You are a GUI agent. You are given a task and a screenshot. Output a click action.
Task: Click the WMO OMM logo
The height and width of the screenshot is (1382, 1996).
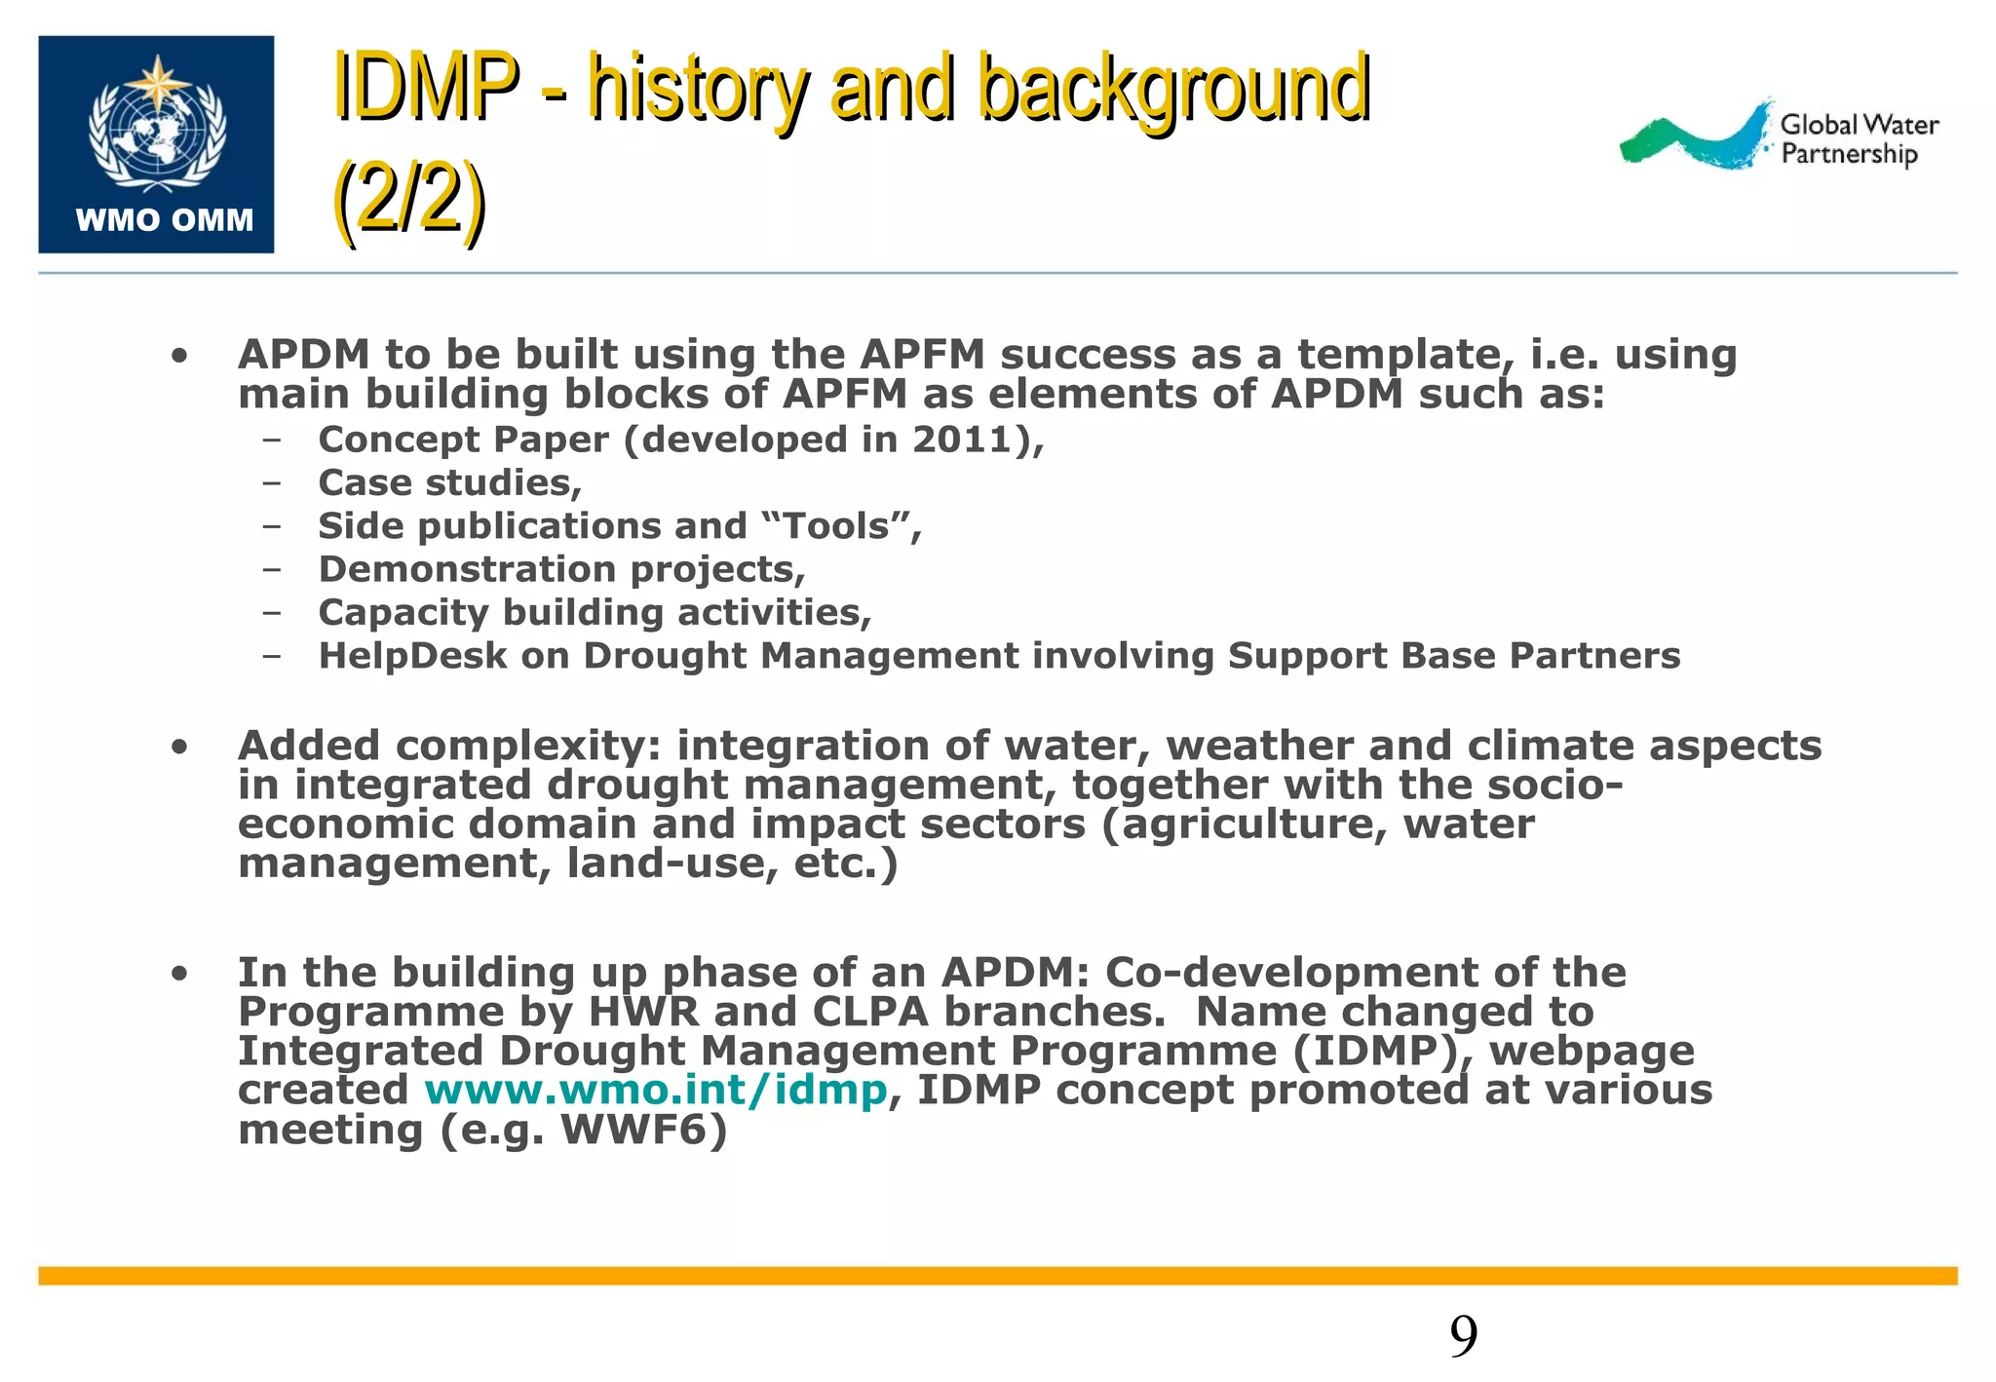point(156,144)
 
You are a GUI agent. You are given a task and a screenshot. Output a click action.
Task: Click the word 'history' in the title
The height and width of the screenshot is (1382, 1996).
point(697,90)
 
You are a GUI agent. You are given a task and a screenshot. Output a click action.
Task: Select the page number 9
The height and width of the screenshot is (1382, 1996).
point(1463,1336)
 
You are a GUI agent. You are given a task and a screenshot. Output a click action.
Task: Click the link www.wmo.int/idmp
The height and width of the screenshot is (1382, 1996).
point(656,1090)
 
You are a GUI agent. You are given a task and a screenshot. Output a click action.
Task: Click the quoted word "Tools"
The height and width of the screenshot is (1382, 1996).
point(836,526)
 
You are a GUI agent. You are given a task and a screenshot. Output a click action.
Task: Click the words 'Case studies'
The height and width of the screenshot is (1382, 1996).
point(448,483)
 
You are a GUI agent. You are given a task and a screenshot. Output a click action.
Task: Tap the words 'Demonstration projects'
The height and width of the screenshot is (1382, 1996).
point(560,569)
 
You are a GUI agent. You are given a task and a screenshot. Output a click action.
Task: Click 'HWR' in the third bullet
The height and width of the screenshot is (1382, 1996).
point(643,1012)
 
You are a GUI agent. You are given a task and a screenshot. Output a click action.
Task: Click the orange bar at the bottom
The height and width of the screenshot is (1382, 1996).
point(997,1276)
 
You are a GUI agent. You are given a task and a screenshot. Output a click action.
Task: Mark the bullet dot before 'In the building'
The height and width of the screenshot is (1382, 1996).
point(178,973)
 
